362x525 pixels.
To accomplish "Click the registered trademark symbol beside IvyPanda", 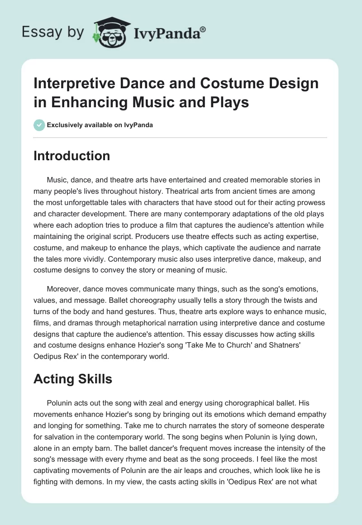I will (203, 29).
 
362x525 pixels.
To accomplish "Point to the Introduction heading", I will (71, 156).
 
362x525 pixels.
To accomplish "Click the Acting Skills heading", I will (72, 379).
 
